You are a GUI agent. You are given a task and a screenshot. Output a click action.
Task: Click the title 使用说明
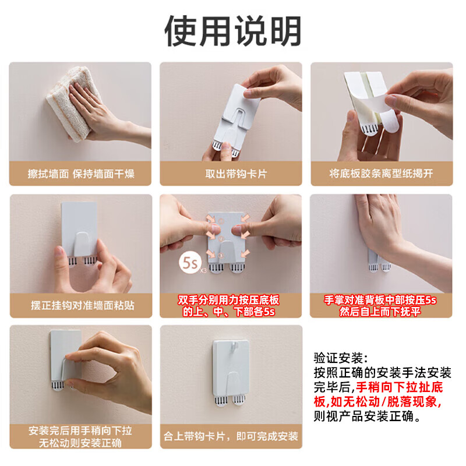pos(233,30)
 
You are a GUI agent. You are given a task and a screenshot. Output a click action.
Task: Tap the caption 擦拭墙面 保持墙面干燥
pos(80,174)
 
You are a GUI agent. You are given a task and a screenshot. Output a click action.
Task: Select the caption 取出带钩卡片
pos(231,174)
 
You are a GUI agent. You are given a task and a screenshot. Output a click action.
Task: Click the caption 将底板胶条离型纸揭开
pos(381,174)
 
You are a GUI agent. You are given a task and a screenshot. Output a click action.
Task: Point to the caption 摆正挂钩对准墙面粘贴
pos(80,305)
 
